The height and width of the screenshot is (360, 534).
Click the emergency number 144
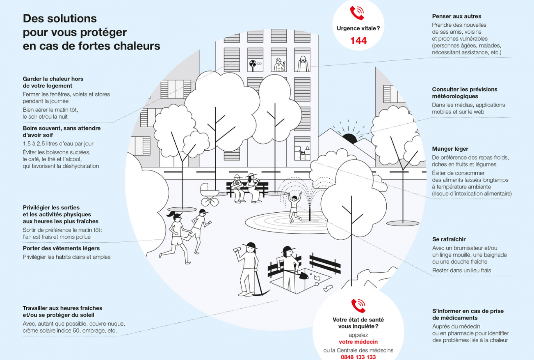click(x=358, y=41)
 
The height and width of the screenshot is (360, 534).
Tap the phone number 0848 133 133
click(x=358, y=357)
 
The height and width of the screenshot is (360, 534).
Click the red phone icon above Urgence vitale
click(x=357, y=13)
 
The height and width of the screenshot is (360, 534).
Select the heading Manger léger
click(x=450, y=149)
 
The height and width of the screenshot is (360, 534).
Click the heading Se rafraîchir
click(x=449, y=239)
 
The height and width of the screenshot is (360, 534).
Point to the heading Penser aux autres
click(x=457, y=16)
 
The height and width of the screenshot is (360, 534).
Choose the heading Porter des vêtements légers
click(x=61, y=248)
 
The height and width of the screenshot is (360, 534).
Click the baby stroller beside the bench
click(x=210, y=194)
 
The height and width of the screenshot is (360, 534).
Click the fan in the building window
click(x=253, y=65)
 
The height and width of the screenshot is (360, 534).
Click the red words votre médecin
click(x=358, y=342)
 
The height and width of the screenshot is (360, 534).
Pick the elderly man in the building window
click(x=302, y=64)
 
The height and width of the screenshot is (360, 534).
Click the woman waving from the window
click(x=279, y=65)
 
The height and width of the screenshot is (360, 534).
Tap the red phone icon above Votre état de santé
click(x=358, y=306)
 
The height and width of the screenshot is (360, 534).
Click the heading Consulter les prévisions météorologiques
click(x=464, y=93)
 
